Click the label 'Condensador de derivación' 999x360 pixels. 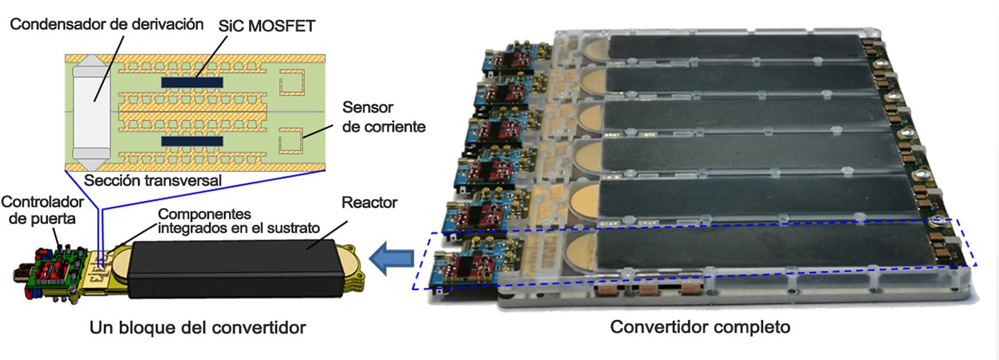pos(107,24)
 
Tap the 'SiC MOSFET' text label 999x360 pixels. pos(266,26)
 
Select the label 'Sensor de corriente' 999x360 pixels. pos(384,117)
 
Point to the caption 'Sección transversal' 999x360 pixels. pos(153,180)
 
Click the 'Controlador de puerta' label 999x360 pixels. pos(42,210)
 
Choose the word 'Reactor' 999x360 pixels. pos(369,203)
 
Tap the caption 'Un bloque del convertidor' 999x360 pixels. pos(198,327)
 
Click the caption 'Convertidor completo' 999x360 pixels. pos(700,327)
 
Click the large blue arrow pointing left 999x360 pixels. pos(391,258)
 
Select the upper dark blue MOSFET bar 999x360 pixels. pos(191,82)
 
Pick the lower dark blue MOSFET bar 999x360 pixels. pos(191,142)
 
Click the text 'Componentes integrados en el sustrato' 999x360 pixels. pos(239,221)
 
